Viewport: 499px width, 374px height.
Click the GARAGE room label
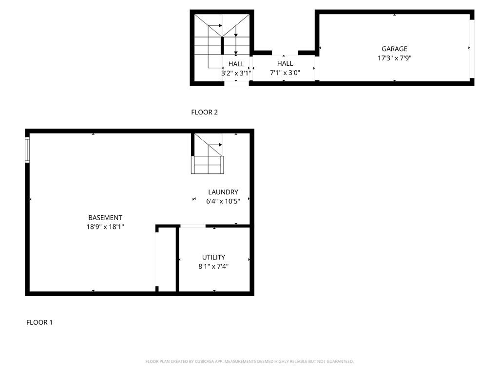coord(394,49)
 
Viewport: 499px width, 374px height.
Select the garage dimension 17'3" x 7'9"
coord(394,58)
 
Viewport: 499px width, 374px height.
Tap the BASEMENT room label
coord(105,218)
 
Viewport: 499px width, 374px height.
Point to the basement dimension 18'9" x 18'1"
coord(105,227)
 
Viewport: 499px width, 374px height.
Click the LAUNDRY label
coord(223,192)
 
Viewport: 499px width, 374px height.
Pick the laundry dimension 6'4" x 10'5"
coord(223,201)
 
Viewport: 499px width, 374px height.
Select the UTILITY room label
coord(213,257)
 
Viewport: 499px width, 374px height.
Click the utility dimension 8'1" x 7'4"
coord(213,266)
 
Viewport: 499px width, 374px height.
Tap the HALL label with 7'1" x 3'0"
coord(285,63)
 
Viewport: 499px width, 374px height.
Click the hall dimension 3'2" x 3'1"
coord(236,73)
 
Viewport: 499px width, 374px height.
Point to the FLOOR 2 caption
coord(204,112)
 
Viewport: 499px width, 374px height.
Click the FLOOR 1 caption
coord(39,322)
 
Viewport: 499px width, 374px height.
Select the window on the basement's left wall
coord(27,150)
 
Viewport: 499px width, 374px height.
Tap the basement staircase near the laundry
coord(208,154)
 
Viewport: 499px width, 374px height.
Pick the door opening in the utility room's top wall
coord(193,226)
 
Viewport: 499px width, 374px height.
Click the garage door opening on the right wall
coord(472,49)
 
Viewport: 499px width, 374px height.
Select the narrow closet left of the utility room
coord(166,259)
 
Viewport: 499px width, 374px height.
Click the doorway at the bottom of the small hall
coord(236,84)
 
